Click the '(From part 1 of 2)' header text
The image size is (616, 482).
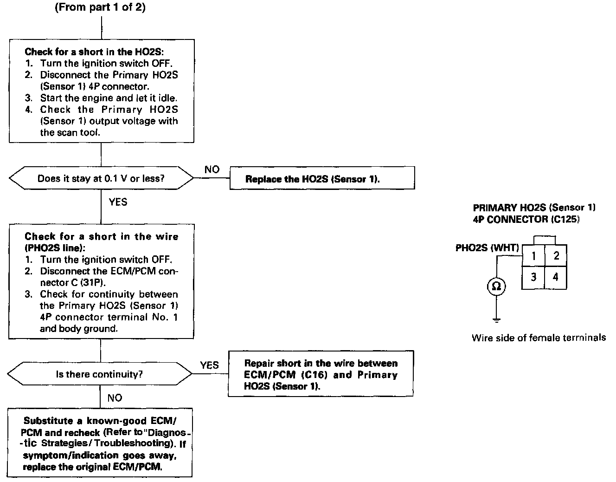100,8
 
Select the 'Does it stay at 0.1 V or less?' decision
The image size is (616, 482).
101,178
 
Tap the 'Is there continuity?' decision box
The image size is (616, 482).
100,374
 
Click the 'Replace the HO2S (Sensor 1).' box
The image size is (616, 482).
322,179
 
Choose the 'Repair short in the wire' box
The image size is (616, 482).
321,374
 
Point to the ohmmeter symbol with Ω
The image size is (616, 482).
496,287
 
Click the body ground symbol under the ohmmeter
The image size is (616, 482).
496,319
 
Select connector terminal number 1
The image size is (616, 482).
534,255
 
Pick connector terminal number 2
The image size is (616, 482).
556,255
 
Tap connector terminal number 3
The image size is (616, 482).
534,277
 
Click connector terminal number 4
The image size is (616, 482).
556,277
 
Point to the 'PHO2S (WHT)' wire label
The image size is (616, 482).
487,248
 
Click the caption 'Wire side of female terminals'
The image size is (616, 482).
539,338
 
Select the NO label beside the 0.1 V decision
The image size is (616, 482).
212,169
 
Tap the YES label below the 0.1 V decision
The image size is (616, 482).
118,202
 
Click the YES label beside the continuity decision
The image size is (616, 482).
209,365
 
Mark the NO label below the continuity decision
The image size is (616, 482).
115,398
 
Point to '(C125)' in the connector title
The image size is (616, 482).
565,219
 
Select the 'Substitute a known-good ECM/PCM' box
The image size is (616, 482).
100,443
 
